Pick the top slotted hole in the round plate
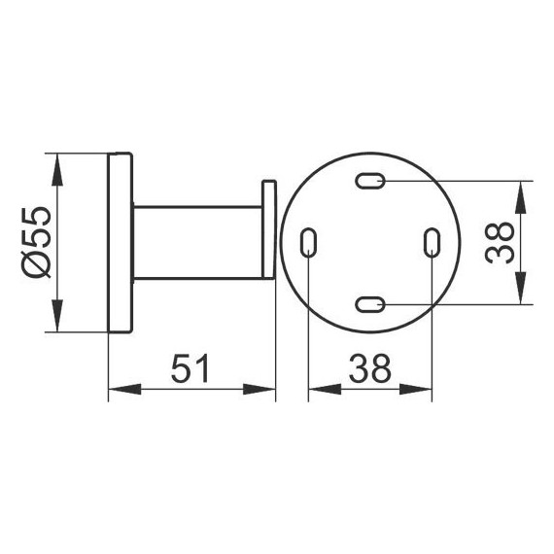(370, 180)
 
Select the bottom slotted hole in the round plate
(370, 305)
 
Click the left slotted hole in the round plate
(308, 243)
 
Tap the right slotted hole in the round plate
(433, 243)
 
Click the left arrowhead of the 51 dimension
(117, 392)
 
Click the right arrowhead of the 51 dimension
(265, 392)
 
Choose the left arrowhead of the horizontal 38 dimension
(318, 392)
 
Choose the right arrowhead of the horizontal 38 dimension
(423, 392)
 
